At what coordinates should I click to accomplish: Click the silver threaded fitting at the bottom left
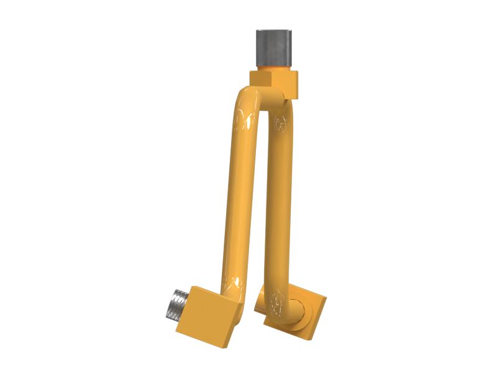coord(180,305)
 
